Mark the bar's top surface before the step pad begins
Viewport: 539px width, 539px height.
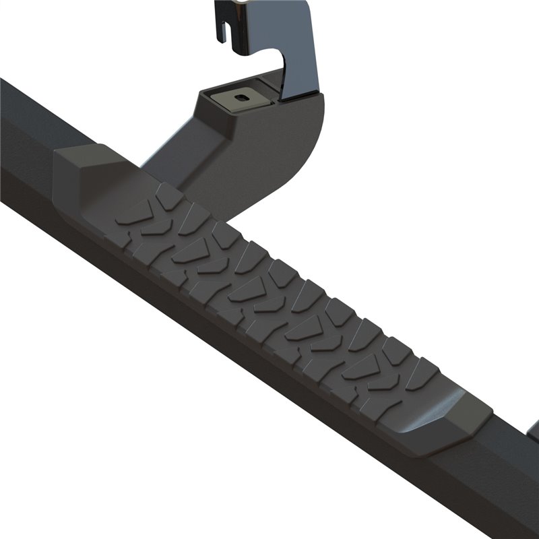(27, 115)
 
